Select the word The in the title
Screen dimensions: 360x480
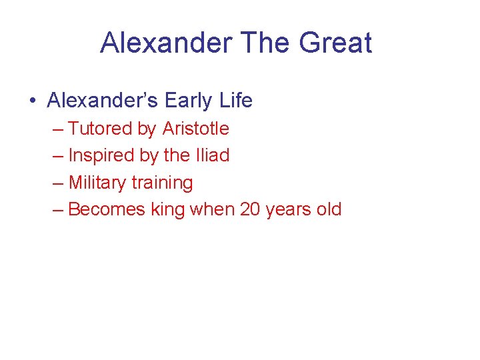[265, 43]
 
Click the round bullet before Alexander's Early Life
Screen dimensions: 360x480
[33, 101]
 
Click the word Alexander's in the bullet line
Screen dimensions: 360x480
[102, 101]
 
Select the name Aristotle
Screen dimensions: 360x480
[195, 129]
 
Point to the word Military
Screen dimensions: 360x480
[97, 183]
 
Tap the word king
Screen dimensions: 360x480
[167, 209]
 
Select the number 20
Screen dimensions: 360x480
[249, 209]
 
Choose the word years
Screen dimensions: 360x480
[288, 210]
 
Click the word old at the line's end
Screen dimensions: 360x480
[329, 209]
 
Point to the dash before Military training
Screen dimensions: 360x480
[58, 183]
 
